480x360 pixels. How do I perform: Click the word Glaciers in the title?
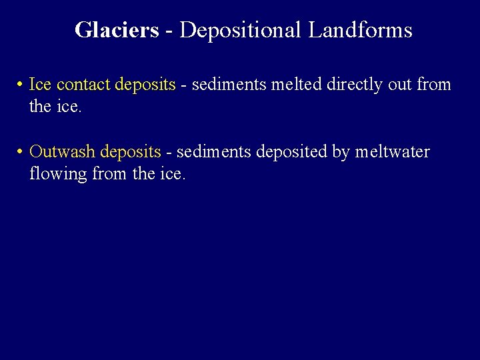point(117,30)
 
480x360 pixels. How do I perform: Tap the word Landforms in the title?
point(360,30)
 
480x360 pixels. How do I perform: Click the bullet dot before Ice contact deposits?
point(21,85)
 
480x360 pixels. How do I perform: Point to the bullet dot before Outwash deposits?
point(21,153)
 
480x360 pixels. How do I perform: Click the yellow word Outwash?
point(63,153)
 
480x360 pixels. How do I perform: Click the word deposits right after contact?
point(145,85)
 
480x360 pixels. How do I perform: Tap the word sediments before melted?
point(223,85)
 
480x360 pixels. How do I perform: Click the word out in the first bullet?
point(399,85)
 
